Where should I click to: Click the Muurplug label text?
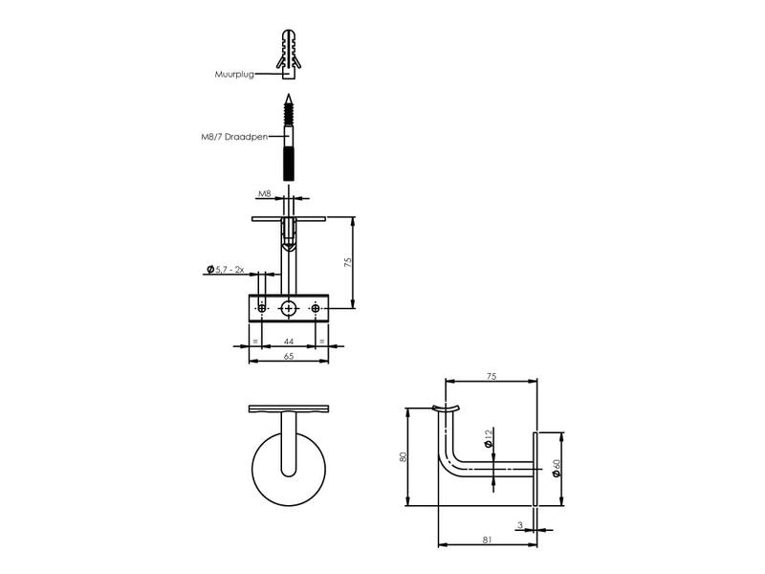click(234, 75)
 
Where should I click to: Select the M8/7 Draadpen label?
click(234, 137)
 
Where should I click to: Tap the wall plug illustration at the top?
click(289, 55)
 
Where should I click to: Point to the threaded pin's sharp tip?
click(289, 94)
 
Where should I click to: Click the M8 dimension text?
click(265, 194)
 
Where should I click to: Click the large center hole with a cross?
click(289, 308)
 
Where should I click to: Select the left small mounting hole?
click(262, 308)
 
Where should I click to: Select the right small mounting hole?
click(316, 308)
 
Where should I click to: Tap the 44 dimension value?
click(289, 342)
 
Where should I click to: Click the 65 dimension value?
click(289, 356)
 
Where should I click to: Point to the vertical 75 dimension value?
click(348, 262)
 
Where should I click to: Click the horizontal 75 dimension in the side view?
click(492, 376)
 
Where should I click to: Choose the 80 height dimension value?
click(403, 457)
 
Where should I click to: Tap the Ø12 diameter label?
click(489, 438)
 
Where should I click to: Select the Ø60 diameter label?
click(557, 468)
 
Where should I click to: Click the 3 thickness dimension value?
click(520, 525)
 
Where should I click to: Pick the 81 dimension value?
click(487, 540)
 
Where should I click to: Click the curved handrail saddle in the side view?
click(446, 408)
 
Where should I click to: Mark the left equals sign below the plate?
click(255, 342)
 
